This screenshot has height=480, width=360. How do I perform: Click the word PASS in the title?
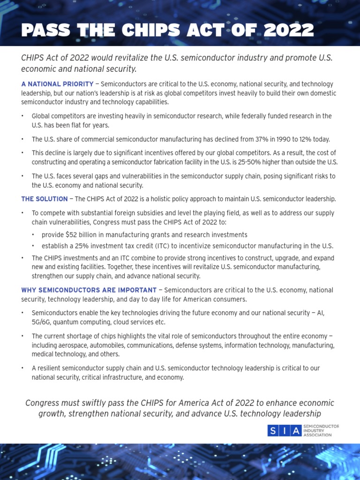pyautogui.click(x=45, y=30)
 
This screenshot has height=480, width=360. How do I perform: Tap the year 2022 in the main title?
pyautogui.click(x=288, y=30)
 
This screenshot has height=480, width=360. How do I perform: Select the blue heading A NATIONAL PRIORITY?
pyautogui.click(x=57, y=84)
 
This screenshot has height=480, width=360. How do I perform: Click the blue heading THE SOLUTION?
pyautogui.click(x=44, y=199)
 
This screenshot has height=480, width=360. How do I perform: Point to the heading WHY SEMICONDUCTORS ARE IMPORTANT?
pyautogui.click(x=89, y=290)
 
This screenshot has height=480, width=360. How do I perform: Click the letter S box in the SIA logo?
pyautogui.click(x=273, y=431)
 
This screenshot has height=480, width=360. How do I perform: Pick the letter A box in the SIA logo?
pyautogui.click(x=296, y=431)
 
